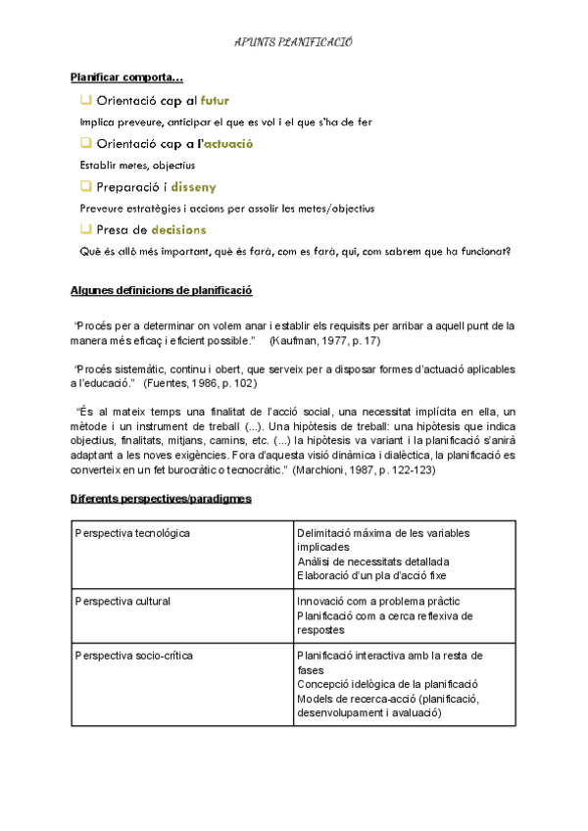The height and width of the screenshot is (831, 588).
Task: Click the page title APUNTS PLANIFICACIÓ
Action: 294,43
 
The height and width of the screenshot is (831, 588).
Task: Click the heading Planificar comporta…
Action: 126,77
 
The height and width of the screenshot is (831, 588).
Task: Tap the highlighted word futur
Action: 215,100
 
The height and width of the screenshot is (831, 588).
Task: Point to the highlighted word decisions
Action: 178,229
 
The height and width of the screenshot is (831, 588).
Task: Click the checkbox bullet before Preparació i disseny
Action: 86,186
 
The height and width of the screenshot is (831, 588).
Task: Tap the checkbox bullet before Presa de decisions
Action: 86,229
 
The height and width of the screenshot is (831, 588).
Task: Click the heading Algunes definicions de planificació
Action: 162,291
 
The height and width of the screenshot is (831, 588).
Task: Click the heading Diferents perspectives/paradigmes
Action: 161,499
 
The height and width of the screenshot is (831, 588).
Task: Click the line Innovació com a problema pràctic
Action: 377,601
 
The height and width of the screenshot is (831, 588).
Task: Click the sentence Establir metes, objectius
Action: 137,165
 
